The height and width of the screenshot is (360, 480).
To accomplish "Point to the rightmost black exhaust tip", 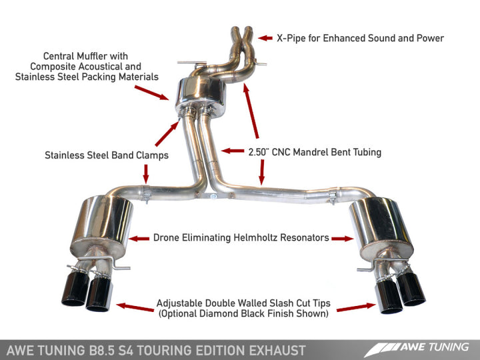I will pos(411,289).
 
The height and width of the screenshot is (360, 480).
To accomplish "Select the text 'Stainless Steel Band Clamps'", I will pos(107,156).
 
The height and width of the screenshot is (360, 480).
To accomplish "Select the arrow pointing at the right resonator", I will pos(341,237).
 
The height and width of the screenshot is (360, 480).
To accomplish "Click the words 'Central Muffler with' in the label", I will pos(85,56).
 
